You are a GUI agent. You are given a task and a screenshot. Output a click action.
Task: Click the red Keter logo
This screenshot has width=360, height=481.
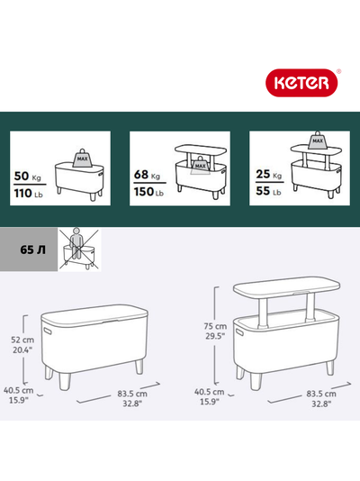tap(301, 83)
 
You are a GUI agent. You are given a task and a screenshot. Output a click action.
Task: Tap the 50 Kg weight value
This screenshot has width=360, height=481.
tap(27, 177)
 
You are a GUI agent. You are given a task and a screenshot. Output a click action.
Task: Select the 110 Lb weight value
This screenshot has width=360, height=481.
tap(28, 194)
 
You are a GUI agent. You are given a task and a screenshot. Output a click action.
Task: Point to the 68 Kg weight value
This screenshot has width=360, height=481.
tap(147, 175)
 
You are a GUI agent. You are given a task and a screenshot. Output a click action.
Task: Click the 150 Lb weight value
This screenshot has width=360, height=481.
tap(148, 192)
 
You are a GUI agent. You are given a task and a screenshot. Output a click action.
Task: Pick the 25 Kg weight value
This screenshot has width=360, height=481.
tap(269, 174)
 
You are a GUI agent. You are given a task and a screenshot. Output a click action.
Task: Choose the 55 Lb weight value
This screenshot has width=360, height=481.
tap(268, 191)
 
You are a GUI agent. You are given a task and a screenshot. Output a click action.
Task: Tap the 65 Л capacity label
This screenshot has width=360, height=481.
tap(32, 250)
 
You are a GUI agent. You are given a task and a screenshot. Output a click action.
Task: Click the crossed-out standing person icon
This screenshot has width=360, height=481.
tap(80, 249)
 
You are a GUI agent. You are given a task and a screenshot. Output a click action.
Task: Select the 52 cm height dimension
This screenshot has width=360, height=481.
tap(22, 340)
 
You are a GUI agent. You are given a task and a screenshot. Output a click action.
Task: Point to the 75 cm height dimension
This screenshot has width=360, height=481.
tap(215, 326)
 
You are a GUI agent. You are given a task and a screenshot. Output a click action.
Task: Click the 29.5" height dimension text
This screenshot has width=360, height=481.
tap(215, 336)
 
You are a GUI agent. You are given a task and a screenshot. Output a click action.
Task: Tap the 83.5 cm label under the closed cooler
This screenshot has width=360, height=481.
tap(132, 394)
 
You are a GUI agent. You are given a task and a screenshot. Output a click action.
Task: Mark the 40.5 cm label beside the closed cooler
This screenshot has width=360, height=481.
tap(18, 391)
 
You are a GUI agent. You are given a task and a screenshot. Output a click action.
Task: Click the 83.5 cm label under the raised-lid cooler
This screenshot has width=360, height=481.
tap(321, 394)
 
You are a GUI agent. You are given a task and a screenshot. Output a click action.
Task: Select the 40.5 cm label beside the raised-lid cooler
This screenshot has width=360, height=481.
tap(210, 392)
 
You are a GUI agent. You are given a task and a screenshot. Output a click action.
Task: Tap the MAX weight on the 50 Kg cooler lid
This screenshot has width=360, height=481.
tap(82, 159)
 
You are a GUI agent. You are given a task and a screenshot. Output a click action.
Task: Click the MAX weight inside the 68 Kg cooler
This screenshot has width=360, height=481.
tap(201, 165)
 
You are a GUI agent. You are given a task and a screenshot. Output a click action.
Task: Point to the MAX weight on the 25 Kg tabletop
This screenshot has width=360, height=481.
tap(318, 141)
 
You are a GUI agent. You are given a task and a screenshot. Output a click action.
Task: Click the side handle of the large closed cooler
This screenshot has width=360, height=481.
tap(49, 331)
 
